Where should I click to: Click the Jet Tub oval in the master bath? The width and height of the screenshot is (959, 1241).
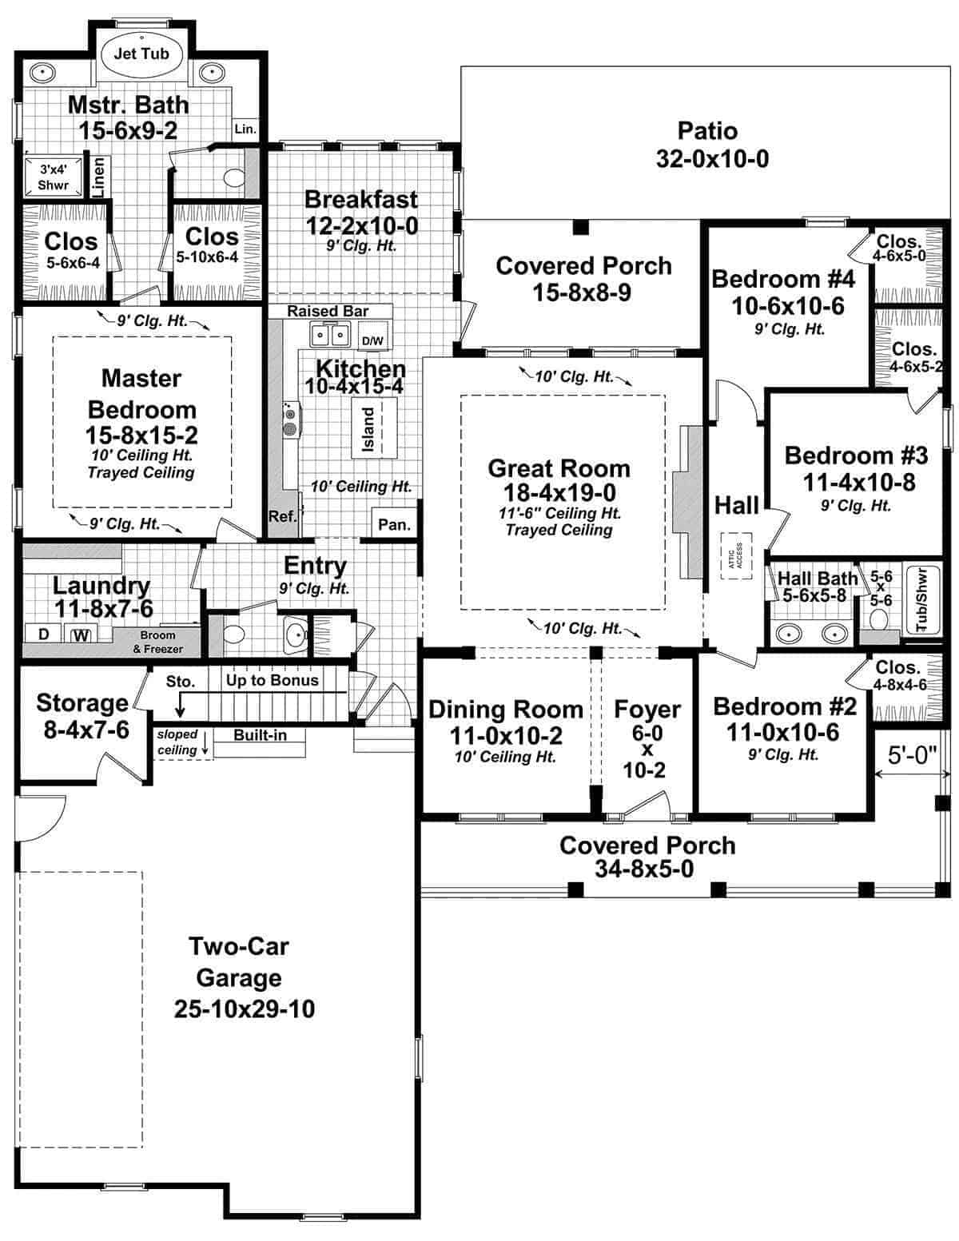coord(141,54)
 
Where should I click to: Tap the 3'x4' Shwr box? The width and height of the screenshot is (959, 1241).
coord(54,177)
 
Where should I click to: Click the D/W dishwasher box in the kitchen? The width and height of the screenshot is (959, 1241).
coord(372,336)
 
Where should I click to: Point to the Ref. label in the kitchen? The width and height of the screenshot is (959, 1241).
coord(282,516)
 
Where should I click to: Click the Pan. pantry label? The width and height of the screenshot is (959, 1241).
coord(394,525)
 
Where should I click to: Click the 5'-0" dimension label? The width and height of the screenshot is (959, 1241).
coord(911,756)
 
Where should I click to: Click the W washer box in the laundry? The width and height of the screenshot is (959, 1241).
coord(80,636)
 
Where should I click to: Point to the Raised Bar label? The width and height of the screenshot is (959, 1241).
coord(328,311)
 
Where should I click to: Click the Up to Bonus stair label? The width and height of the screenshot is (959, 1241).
coord(272,680)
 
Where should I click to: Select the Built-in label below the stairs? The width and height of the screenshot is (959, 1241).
coord(260,735)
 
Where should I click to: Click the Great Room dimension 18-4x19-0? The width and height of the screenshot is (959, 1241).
coord(559,492)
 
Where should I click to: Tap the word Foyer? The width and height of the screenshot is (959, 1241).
coord(647,709)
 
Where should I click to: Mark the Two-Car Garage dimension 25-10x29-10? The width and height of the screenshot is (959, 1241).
coord(245,1009)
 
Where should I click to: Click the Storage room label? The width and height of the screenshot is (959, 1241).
coord(82,703)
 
